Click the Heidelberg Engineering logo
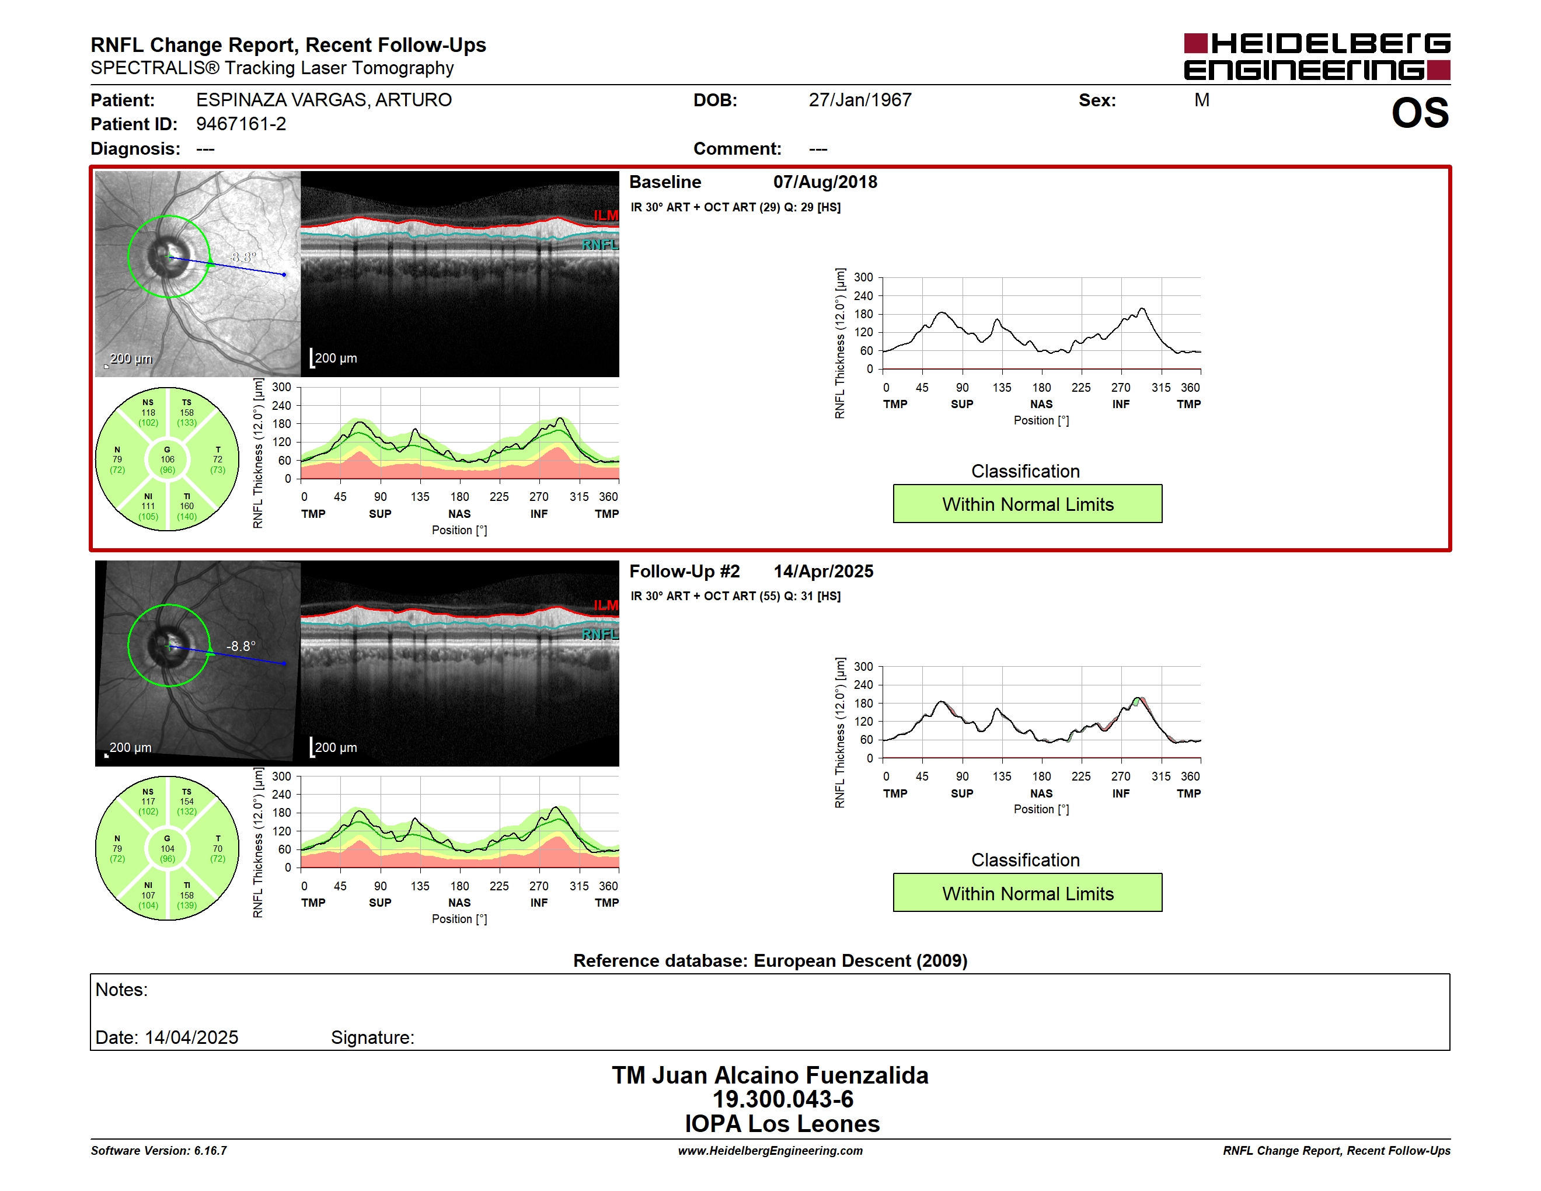[1317, 57]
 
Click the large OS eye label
[1420, 114]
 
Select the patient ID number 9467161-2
[241, 124]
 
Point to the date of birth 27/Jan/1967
[860, 100]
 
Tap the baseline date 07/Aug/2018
[825, 182]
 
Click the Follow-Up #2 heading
[685, 572]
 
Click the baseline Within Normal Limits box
[1027, 504]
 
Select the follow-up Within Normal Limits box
[1027, 893]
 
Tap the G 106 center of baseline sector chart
[167, 459]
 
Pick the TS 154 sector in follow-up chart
[187, 802]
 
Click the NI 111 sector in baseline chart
[148, 506]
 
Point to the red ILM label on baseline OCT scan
[605, 215]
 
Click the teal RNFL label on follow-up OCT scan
[599, 634]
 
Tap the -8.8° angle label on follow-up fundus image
[240, 646]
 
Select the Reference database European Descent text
[770, 961]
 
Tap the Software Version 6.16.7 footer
[159, 1151]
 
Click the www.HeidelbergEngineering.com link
[770, 1151]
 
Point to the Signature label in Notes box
[372, 1038]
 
